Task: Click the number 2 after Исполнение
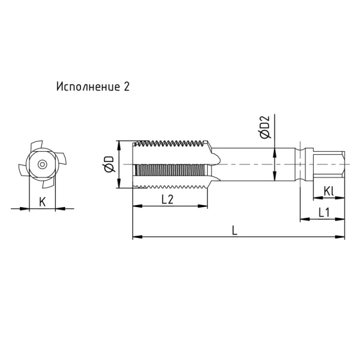click(x=126, y=86)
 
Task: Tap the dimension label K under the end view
click(x=42, y=202)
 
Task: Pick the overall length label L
click(x=235, y=230)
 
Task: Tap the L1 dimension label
click(x=324, y=212)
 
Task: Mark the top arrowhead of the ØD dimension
click(x=120, y=144)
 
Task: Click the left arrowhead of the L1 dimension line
click(x=304, y=220)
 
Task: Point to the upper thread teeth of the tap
click(x=174, y=145)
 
